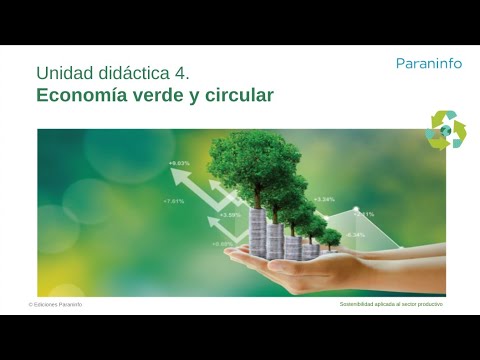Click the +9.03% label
[x=179, y=162]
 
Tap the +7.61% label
[x=173, y=201]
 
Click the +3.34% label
[x=324, y=199]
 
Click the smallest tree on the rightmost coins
[x=331, y=237]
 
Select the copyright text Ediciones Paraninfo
[x=56, y=304]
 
